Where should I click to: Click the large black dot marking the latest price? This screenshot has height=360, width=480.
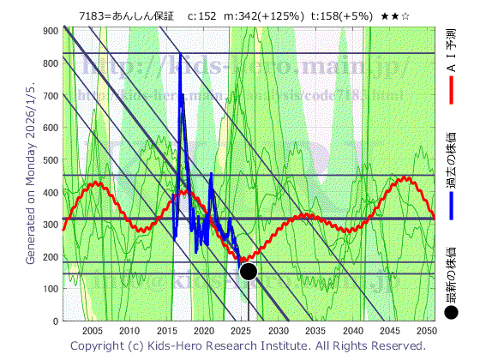point(249,272)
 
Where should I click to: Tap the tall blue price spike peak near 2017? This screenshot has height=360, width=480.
point(180,55)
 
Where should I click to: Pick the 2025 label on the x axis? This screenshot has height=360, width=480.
point(241,331)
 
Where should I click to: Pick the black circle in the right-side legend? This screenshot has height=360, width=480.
point(452,313)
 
